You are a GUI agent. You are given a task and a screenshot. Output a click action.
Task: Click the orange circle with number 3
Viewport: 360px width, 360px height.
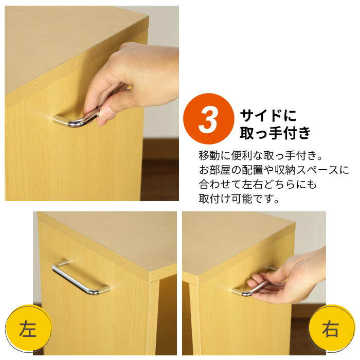(208, 119)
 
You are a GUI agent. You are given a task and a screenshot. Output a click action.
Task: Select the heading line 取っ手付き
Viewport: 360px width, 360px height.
(275, 133)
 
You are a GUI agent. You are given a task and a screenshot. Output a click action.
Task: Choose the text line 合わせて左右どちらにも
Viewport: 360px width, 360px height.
(257, 184)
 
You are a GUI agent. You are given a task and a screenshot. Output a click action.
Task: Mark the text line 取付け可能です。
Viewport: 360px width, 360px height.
(239, 199)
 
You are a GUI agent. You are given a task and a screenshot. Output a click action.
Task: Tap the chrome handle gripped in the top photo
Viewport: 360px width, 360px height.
(77, 120)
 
